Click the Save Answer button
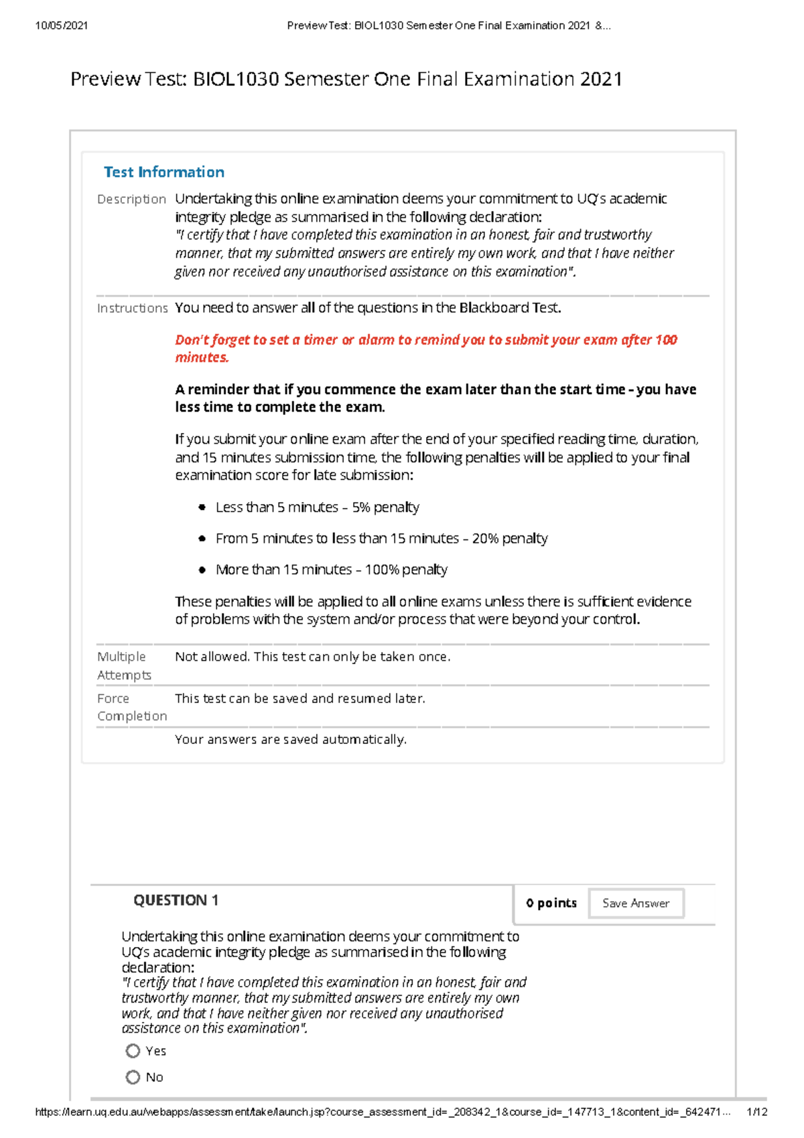pos(636,903)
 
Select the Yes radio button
pos(133,1051)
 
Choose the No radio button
pos(133,1077)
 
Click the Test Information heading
pos(164,172)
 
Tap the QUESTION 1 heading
pos(176,900)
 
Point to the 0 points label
pos(551,903)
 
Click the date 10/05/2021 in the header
pos(62,25)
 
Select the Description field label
pos(131,199)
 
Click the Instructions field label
pos(132,308)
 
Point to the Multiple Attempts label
pos(124,666)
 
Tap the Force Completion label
pos(131,707)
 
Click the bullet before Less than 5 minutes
pos(202,507)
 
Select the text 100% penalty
pos(406,570)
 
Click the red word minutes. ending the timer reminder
pos(202,357)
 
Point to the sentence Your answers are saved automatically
pos(291,739)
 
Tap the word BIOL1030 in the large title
pos(235,79)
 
